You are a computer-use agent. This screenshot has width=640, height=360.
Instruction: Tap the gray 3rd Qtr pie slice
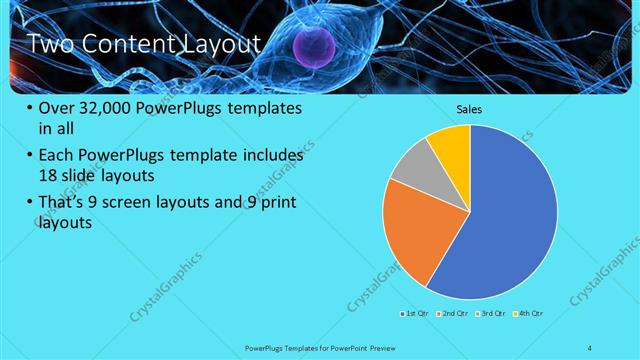pos(411,165)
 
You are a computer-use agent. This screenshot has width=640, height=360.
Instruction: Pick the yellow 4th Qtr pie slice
pos(453,145)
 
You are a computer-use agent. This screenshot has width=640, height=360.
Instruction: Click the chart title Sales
pos(470,108)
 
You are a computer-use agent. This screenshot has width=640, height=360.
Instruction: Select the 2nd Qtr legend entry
pos(455,315)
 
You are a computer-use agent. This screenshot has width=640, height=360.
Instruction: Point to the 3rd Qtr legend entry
pos(492,315)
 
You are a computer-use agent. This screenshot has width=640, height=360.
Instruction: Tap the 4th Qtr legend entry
pos(529,315)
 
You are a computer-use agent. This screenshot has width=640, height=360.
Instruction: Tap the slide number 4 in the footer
pos(590,347)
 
